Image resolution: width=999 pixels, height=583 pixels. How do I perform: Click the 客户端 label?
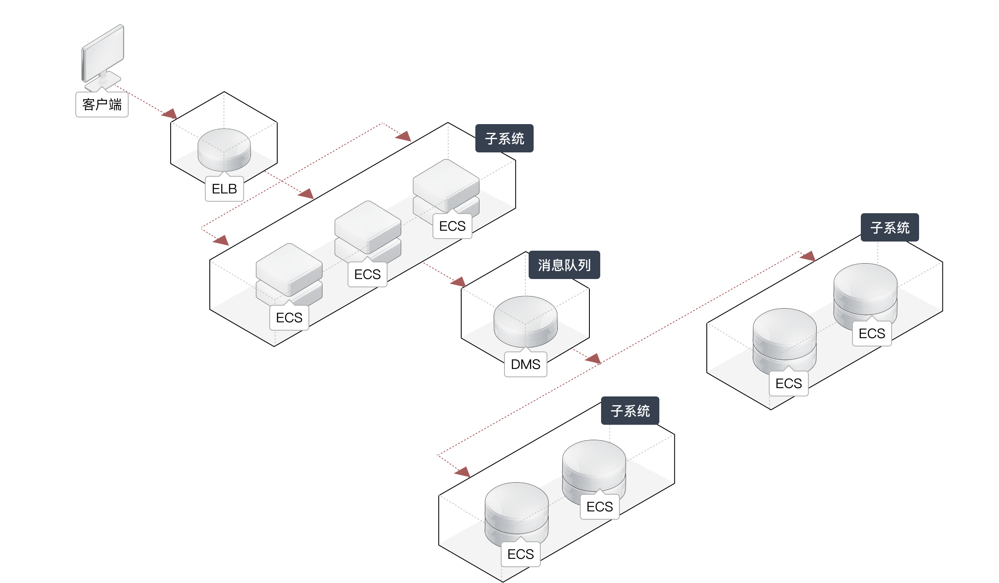point(102,105)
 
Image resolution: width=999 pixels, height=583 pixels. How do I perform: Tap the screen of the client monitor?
point(103,52)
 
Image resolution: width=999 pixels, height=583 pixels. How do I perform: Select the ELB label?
point(224,189)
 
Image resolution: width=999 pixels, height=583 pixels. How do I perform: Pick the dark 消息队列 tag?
point(564,265)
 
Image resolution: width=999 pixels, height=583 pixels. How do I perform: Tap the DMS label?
point(525,364)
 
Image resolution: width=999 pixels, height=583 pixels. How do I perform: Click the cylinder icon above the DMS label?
point(525,321)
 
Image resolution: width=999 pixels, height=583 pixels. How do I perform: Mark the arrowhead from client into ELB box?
point(170,114)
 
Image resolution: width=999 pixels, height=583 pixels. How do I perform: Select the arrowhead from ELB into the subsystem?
point(306,194)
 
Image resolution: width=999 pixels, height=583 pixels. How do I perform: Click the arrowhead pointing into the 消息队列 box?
point(458,282)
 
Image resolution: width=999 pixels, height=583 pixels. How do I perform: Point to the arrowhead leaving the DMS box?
point(594,359)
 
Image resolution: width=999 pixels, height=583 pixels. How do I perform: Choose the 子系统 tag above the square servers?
point(504,138)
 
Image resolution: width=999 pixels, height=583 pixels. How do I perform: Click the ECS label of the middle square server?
point(368,274)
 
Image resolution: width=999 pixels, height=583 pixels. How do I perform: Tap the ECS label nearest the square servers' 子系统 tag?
point(452,226)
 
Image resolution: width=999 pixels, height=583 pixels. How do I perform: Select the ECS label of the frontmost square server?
point(289,318)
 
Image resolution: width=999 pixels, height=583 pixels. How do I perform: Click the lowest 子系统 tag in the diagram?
point(630,411)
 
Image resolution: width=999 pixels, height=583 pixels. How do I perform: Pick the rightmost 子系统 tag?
point(890,227)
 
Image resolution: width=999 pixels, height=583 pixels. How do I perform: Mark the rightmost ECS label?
point(872,334)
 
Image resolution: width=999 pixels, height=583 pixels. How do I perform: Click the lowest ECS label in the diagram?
point(520,554)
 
